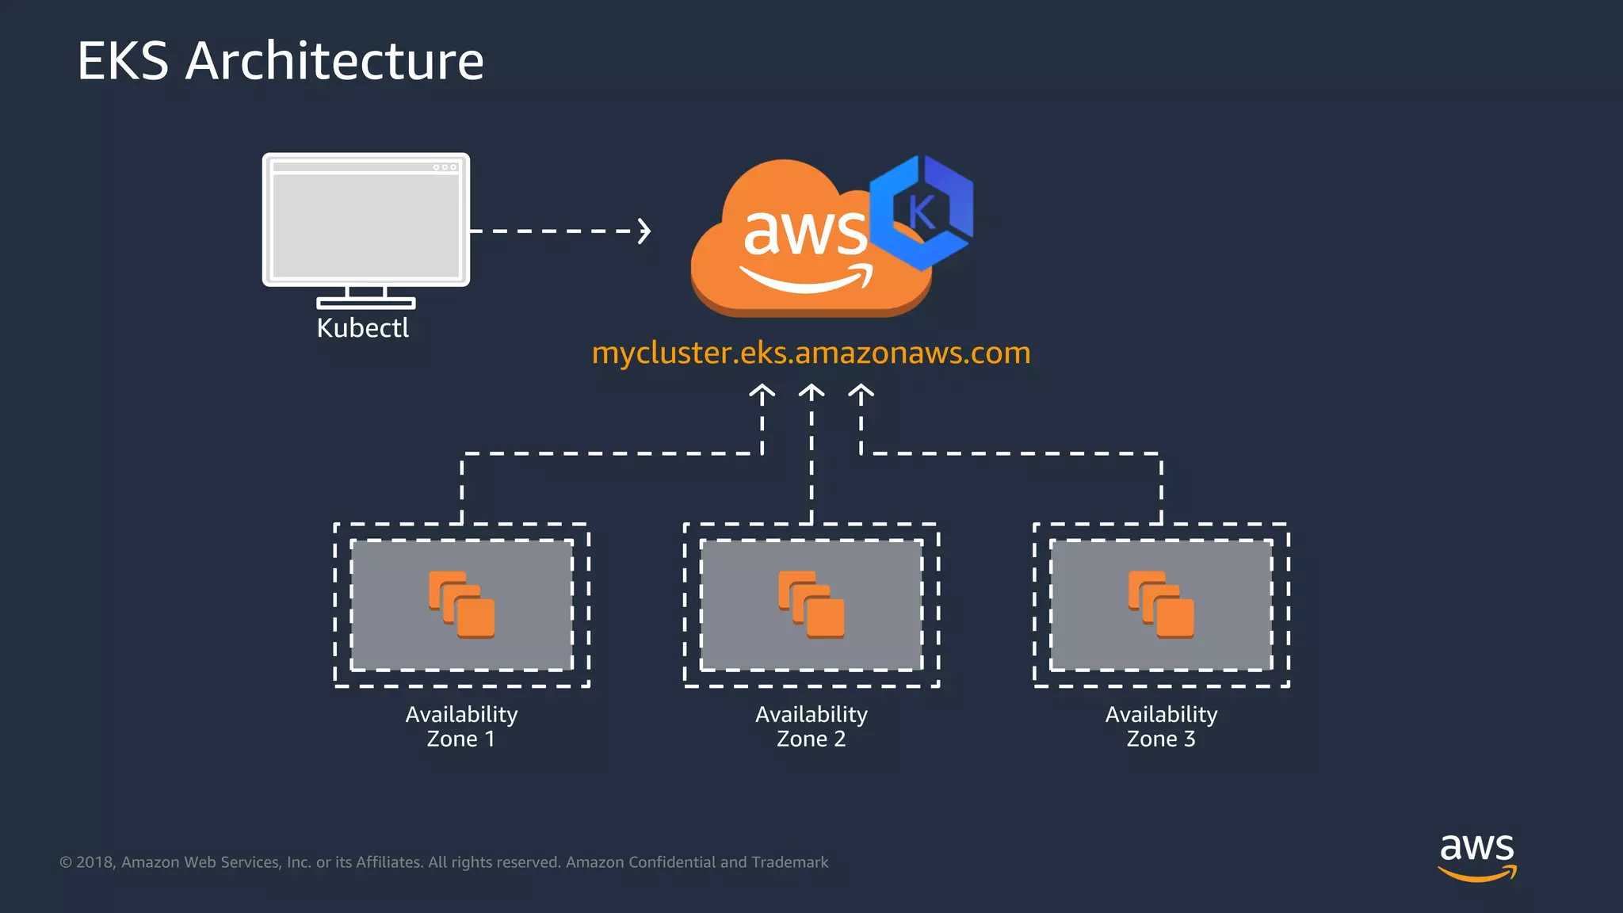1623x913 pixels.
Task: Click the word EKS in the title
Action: (x=123, y=62)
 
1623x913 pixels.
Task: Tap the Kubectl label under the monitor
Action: (x=363, y=328)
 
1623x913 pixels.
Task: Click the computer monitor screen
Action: (x=365, y=223)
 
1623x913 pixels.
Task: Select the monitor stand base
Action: (x=365, y=303)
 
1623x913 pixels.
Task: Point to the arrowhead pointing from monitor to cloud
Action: (x=645, y=231)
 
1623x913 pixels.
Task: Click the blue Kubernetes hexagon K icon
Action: (x=922, y=212)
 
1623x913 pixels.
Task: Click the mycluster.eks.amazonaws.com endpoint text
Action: (x=811, y=353)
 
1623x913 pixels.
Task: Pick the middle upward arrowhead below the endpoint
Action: (x=811, y=392)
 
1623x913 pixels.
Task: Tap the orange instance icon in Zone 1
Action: (x=462, y=605)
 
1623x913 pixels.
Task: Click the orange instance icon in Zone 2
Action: (x=811, y=605)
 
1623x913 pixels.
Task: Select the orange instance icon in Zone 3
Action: (x=1161, y=605)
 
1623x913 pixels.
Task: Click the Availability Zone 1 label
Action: (x=461, y=726)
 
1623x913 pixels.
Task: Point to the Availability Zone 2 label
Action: (x=811, y=726)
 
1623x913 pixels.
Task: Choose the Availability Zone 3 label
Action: (x=1161, y=726)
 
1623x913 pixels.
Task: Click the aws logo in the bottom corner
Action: (x=1476, y=856)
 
